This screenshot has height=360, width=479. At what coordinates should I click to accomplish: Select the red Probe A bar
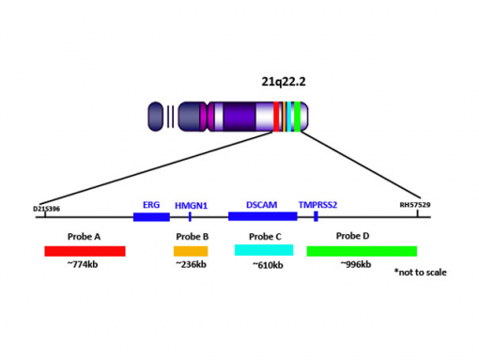pos(85,251)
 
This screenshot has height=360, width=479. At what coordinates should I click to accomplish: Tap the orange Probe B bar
pos(190,251)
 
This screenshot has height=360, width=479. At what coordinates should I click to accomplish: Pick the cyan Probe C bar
pos(264,251)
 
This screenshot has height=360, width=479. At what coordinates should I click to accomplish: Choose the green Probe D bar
pos(361,251)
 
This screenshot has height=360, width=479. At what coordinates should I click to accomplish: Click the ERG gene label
pos(151,204)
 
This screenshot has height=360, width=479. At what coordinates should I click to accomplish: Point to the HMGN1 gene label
pos(191,204)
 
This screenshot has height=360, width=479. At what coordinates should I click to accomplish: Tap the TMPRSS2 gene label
pos(317,204)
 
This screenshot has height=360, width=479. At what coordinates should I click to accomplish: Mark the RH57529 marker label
pos(416,204)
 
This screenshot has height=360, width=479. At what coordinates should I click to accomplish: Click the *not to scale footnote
pos(420,273)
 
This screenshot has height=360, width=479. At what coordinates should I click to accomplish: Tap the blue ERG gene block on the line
pos(151,217)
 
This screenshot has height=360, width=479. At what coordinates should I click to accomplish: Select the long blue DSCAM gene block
pos(262,217)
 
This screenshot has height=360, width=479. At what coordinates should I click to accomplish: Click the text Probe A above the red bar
pos(85,237)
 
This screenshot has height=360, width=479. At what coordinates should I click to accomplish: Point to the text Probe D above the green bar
pos(353,236)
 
